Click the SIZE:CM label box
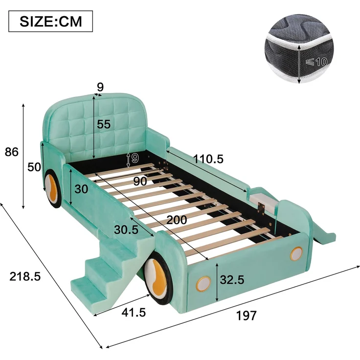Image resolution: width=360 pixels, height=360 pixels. point(50,21)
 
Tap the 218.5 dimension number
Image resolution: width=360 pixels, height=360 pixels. point(25,276)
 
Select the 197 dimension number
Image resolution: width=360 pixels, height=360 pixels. point(246,315)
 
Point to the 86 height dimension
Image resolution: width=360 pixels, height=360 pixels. point(11,152)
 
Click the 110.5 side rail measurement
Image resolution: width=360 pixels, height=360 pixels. point(208,159)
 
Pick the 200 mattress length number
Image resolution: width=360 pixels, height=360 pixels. point(177,220)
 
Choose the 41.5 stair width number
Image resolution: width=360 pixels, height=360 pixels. point(134,313)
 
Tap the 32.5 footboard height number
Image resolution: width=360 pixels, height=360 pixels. point(232,280)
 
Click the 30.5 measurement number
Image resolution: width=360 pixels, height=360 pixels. point(126,229)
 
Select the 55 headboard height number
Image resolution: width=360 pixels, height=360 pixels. point(104,124)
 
